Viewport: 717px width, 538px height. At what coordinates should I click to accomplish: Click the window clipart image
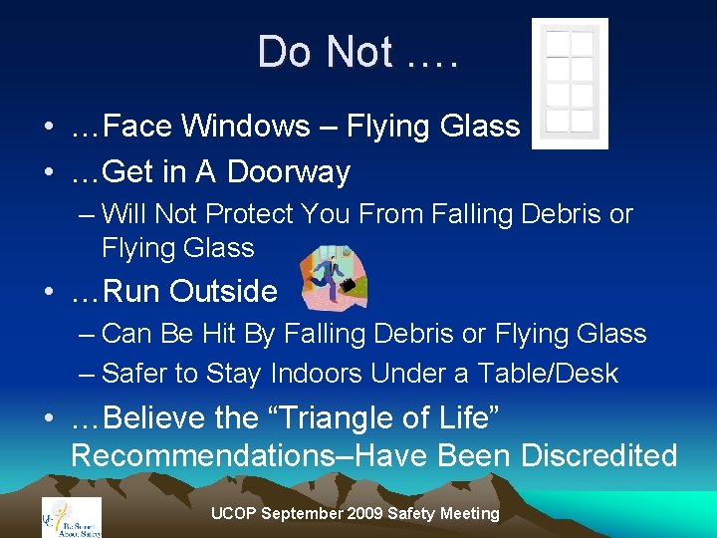pyautogui.click(x=570, y=84)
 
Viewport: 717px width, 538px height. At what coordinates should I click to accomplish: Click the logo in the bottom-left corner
pyautogui.click(x=71, y=516)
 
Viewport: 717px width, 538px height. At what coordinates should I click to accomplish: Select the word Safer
pyautogui.click(x=138, y=374)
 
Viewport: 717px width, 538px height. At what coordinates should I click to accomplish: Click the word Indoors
pyautogui.click(x=307, y=374)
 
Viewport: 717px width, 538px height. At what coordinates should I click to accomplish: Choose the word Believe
pyautogui.click(x=161, y=418)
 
